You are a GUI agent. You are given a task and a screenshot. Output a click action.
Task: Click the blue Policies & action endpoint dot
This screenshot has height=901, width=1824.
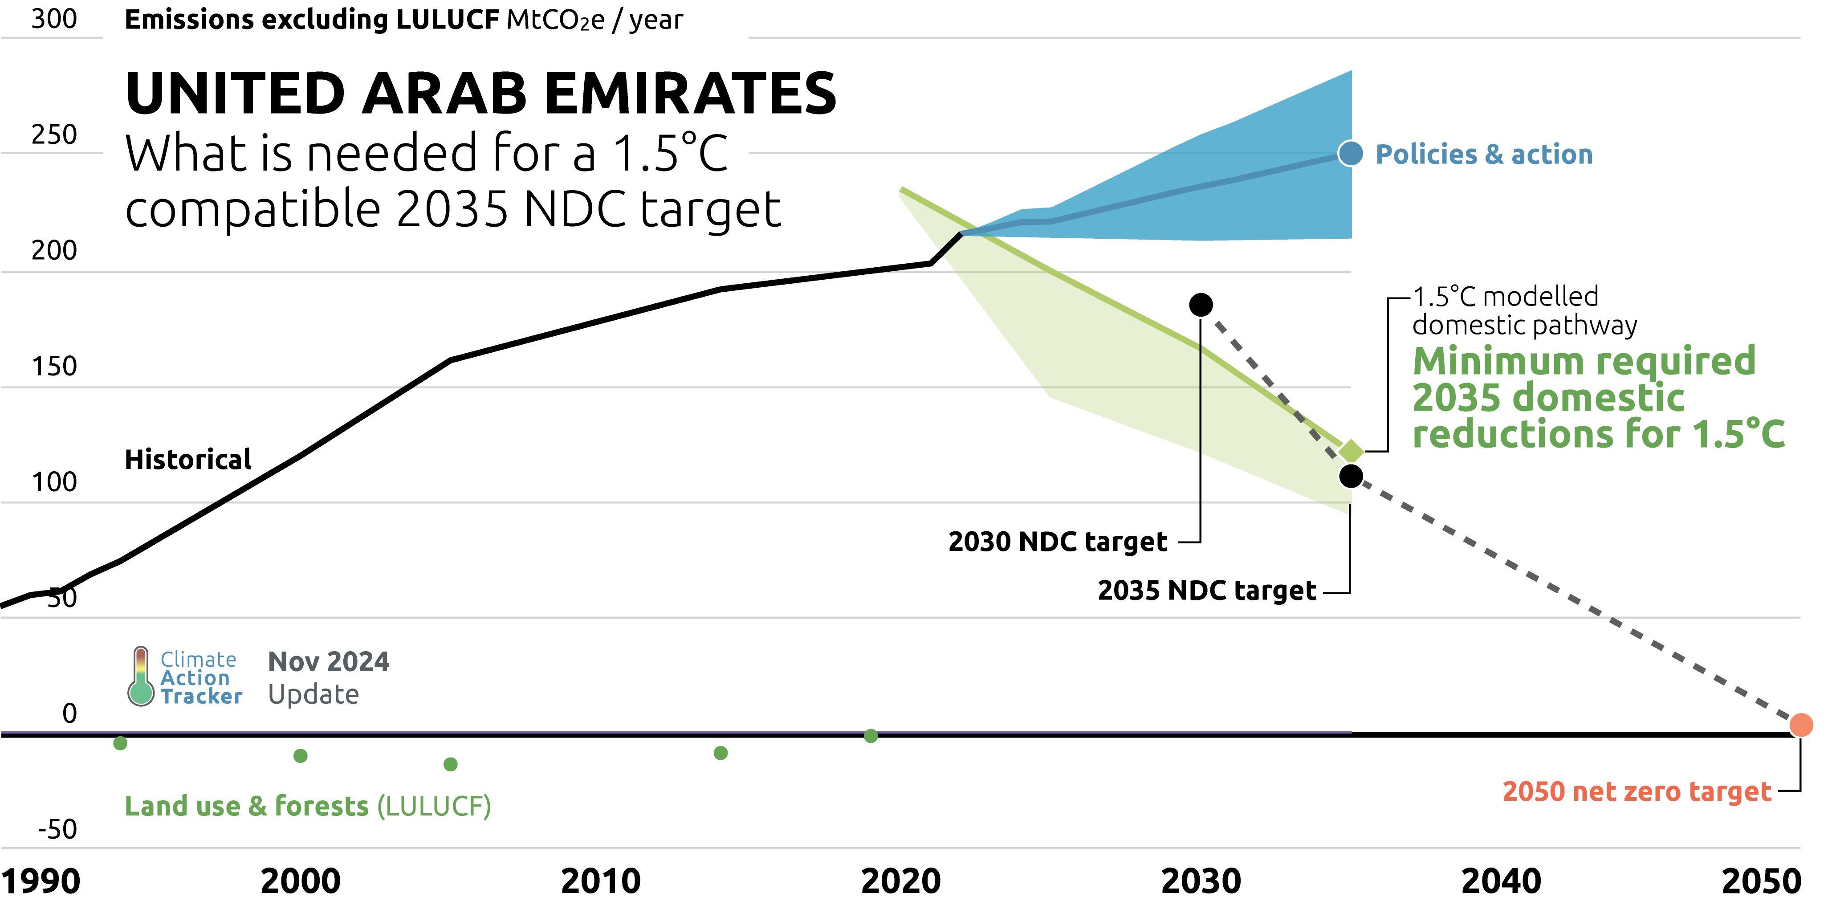click(x=1350, y=154)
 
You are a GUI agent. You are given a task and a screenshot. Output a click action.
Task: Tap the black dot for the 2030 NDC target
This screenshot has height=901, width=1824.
click(x=1200, y=305)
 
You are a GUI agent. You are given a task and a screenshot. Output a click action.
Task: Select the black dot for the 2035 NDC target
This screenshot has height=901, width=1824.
click(x=1350, y=476)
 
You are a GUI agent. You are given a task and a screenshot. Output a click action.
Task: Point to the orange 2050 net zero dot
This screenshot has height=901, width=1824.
click(x=1801, y=725)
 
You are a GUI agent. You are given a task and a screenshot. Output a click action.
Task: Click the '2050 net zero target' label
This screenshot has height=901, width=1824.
click(x=1637, y=791)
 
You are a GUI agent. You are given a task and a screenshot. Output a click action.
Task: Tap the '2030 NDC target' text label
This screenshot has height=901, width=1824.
click(x=1057, y=542)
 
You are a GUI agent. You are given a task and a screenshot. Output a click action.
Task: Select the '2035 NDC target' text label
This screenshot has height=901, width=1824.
click(x=1206, y=590)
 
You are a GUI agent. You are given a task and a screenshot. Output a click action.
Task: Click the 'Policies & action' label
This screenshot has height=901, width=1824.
click(x=1483, y=155)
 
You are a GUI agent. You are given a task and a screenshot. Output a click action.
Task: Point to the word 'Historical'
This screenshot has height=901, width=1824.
click(x=187, y=460)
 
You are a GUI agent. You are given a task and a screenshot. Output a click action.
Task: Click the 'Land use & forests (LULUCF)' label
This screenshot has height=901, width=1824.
click(x=307, y=806)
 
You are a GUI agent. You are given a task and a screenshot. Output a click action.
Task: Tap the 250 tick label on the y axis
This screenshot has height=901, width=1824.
click(x=54, y=135)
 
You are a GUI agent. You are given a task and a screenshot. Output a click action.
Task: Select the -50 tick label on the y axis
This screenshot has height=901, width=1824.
click(x=57, y=829)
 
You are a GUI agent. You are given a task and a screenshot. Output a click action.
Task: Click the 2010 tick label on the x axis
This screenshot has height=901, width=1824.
click(x=600, y=881)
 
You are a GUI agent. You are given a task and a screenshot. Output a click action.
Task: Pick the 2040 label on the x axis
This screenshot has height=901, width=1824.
click(x=1501, y=881)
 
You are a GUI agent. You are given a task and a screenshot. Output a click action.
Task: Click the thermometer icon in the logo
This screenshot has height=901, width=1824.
click(x=141, y=677)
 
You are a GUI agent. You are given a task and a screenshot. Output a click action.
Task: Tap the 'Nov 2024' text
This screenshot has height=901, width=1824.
click(x=328, y=661)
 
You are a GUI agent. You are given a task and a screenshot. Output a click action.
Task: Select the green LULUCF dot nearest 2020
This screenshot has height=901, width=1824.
click(x=871, y=736)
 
